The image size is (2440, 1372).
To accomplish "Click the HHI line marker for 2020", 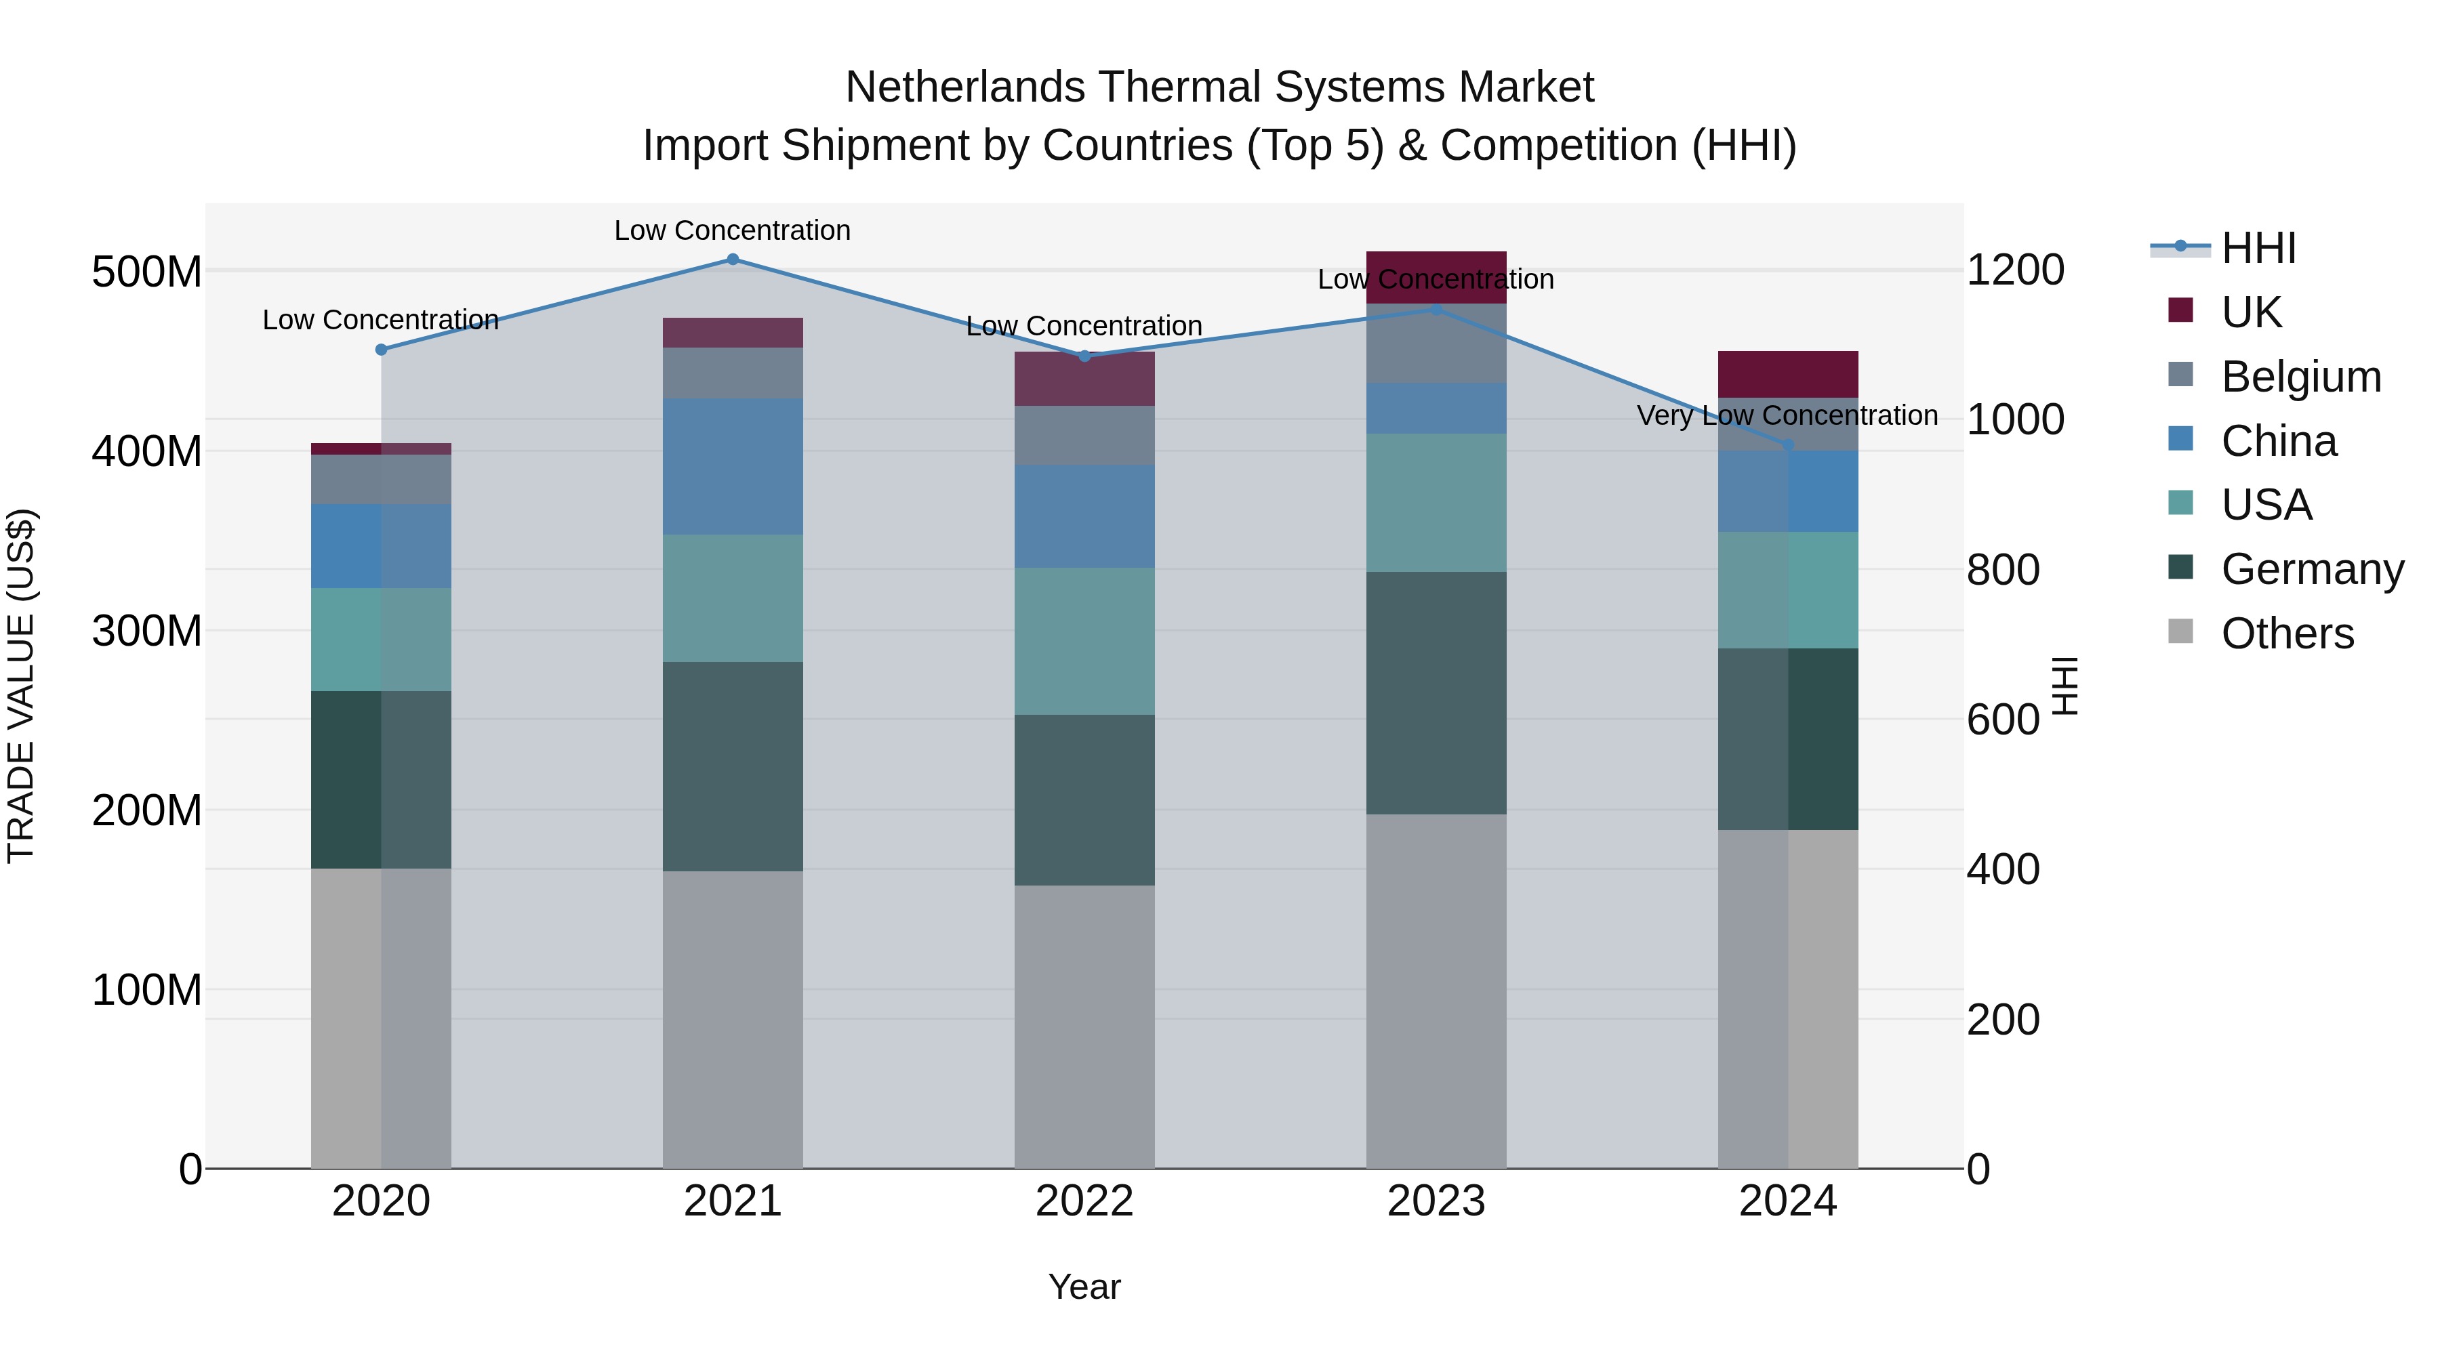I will coord(382,350).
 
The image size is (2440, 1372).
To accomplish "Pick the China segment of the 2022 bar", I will coord(1084,516).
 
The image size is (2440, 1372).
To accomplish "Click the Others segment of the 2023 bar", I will coord(1436,991).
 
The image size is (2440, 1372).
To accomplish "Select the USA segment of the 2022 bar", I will coord(1084,641).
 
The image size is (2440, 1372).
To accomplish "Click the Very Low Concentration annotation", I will coord(1787,416).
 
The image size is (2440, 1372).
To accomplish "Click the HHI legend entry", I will coord(2258,248).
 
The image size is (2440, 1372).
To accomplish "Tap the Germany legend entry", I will coord(2312,569).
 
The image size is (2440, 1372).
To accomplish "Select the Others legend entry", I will coord(2287,633).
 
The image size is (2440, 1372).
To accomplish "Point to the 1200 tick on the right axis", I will coord(2015,271).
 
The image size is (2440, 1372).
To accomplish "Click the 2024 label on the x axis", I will coord(1787,1201).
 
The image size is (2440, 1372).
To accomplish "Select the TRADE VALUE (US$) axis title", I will coord(21,686).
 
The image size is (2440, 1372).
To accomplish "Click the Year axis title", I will coord(1084,1287).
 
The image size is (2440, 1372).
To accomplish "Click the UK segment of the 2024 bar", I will coord(1787,374).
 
